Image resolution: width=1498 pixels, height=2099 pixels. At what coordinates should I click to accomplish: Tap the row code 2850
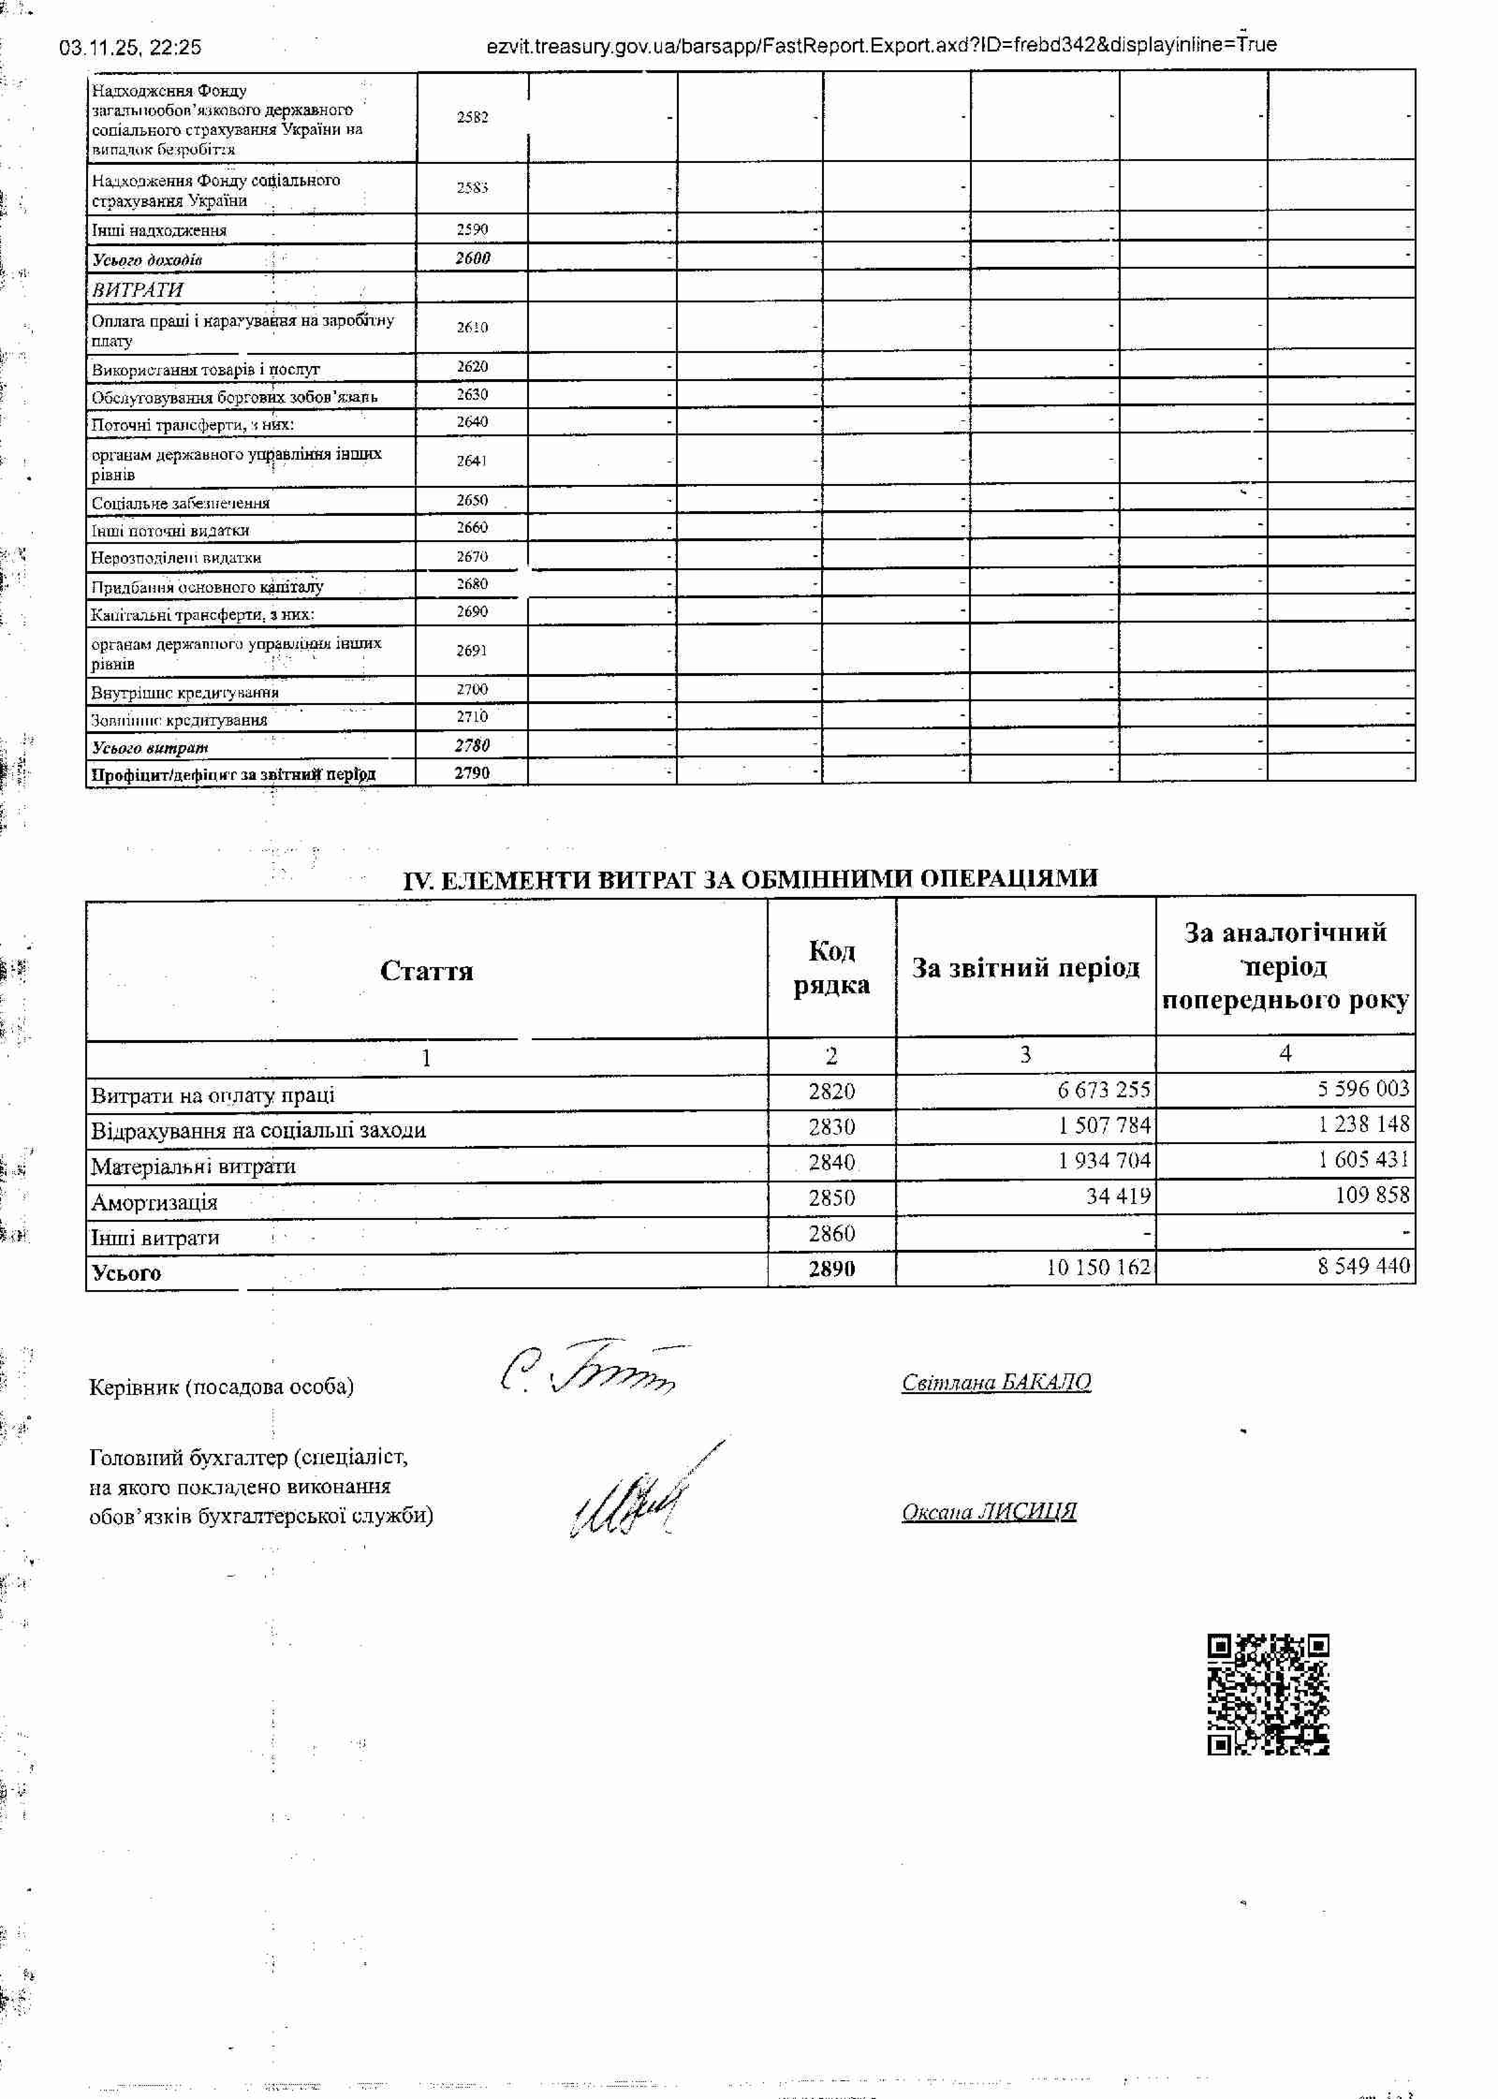831,1198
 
